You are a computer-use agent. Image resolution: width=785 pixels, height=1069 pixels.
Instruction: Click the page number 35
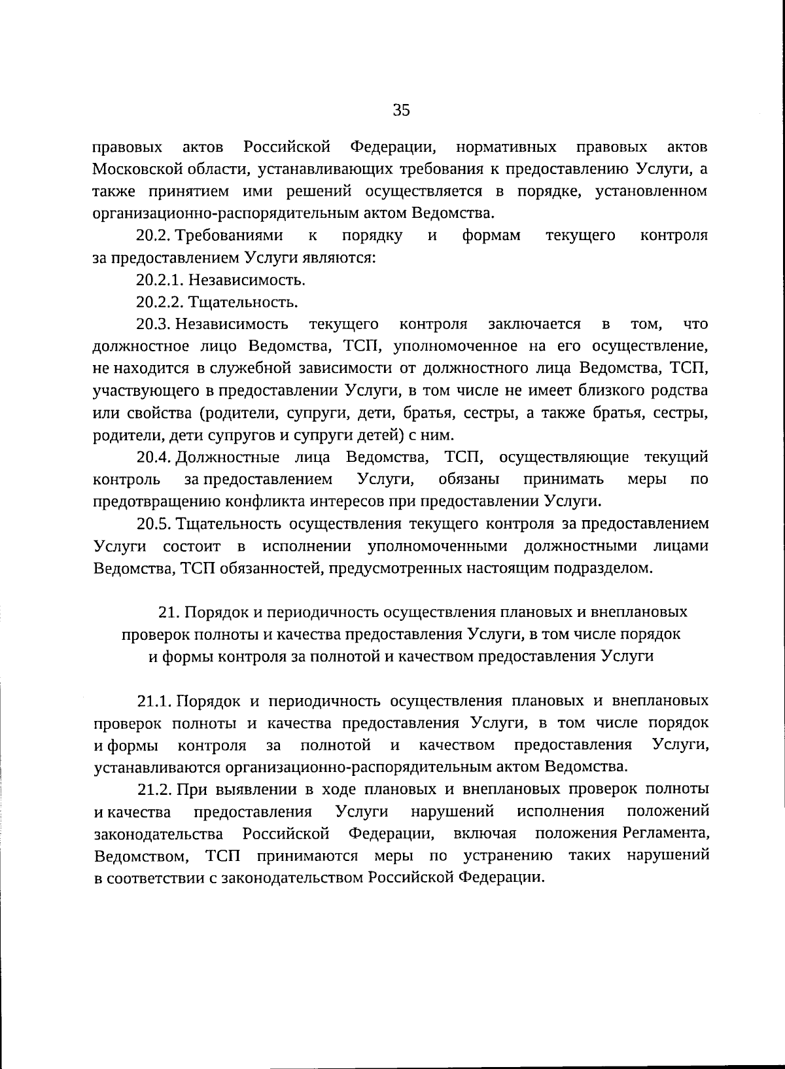(x=401, y=110)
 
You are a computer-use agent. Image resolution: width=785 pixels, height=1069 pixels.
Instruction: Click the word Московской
(x=133, y=169)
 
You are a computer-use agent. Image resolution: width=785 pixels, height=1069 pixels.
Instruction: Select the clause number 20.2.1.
(x=160, y=280)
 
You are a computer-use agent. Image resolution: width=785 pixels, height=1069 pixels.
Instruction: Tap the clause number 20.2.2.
(x=160, y=302)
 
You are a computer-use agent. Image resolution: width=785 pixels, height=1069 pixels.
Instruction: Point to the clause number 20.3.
(x=154, y=324)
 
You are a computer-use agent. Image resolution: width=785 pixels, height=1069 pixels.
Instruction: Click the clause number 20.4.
(x=154, y=457)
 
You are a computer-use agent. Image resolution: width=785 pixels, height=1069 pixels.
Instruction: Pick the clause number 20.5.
(x=154, y=523)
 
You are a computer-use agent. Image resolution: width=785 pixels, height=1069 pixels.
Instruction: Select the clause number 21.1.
(x=154, y=701)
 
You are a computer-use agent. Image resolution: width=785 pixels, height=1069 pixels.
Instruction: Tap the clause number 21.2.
(x=154, y=790)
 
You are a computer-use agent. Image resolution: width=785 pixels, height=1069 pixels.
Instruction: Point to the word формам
(x=491, y=236)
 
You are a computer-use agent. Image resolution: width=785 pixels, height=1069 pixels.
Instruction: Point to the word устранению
(x=508, y=856)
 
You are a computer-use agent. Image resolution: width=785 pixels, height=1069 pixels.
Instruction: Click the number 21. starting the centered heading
(x=169, y=612)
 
